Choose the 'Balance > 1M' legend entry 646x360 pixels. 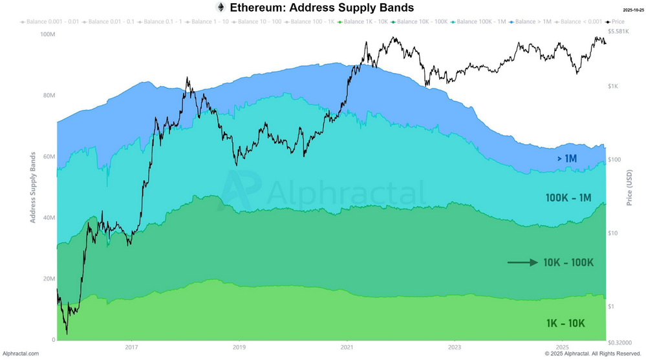pyautogui.click(x=533, y=22)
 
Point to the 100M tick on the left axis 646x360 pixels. pyautogui.click(x=47, y=34)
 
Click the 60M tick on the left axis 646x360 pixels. pyautogui.click(x=48, y=156)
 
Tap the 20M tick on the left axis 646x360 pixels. pyautogui.click(x=48, y=279)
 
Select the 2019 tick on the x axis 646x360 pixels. pyautogui.click(x=239, y=347)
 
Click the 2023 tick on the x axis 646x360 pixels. pyautogui.click(x=455, y=347)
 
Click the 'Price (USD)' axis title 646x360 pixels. pyautogui.click(x=629, y=187)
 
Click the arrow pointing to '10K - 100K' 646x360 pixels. pyautogui.click(x=522, y=262)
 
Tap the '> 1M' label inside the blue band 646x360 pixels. pyautogui.click(x=566, y=158)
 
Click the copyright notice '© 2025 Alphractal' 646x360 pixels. pyautogui.click(x=592, y=354)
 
